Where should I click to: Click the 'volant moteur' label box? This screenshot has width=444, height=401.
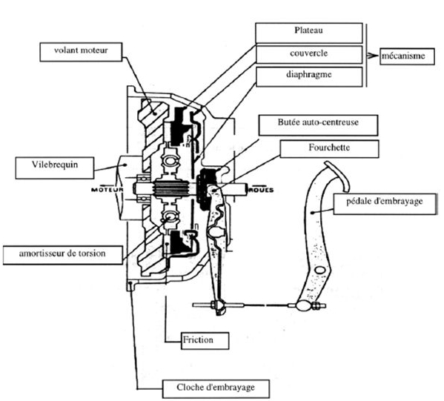pos(81,52)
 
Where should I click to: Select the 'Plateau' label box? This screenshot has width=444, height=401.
pos(309,33)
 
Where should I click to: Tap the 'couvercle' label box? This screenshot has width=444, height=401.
pos(309,54)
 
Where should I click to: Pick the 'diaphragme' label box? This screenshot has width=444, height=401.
pos(309,76)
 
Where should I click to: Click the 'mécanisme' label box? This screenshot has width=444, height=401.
pos(407,56)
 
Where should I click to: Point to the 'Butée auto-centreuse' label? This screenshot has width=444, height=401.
pos(318,125)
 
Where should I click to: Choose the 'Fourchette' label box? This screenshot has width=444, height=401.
pos(329,149)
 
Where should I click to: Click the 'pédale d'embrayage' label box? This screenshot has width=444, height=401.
pos(385,204)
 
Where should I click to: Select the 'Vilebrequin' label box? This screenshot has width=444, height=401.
pos(55,168)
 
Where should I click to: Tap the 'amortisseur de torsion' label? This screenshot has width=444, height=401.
pos(63,255)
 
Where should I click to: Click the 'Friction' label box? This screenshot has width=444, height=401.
pos(205,341)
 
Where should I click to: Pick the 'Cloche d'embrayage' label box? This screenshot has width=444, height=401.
pos(216,389)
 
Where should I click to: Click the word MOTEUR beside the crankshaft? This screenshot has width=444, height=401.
pos(107,190)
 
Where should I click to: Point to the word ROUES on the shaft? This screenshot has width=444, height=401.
pos(261,190)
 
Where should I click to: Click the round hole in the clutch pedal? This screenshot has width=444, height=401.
pos(319,270)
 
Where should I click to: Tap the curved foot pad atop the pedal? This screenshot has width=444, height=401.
pos(339,176)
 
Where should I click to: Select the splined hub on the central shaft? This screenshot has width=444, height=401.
pos(170,189)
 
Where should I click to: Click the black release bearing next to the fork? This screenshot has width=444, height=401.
pos(205,188)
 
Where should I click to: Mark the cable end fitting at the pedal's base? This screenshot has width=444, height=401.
pos(307,305)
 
